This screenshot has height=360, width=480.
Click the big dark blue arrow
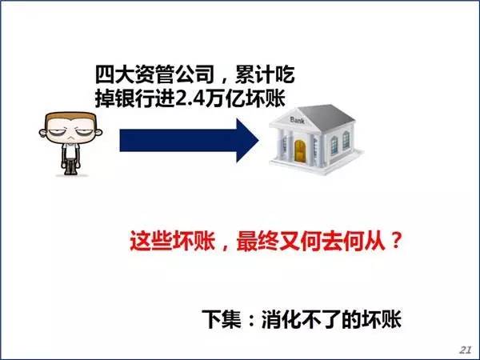[x=189, y=141]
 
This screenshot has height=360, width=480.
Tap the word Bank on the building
[x=297, y=120]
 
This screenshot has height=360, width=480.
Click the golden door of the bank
[x=300, y=150]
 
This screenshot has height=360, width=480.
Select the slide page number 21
[x=465, y=350]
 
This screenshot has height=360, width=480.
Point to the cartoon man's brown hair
[x=70, y=118]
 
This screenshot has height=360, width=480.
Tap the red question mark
[x=395, y=240]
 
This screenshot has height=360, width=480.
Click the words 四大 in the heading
[x=114, y=74]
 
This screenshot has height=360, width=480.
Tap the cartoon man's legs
[x=71, y=166]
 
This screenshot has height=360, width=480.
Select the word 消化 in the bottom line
[x=281, y=319]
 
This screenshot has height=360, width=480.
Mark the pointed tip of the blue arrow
[x=258, y=141]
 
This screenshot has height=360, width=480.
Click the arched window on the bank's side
[x=346, y=139]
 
